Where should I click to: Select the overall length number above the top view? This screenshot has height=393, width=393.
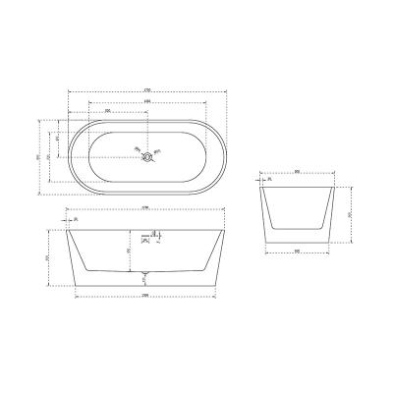pos(146,91)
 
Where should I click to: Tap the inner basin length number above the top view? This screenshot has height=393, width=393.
pos(146,101)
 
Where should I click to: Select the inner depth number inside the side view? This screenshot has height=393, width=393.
pos(129,251)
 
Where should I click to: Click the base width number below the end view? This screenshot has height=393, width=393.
pos(297,251)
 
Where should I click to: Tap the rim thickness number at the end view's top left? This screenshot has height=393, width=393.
pos(268,180)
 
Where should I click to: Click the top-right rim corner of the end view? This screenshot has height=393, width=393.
pos(330,185)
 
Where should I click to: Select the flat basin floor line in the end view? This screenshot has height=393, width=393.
pos(297,227)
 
